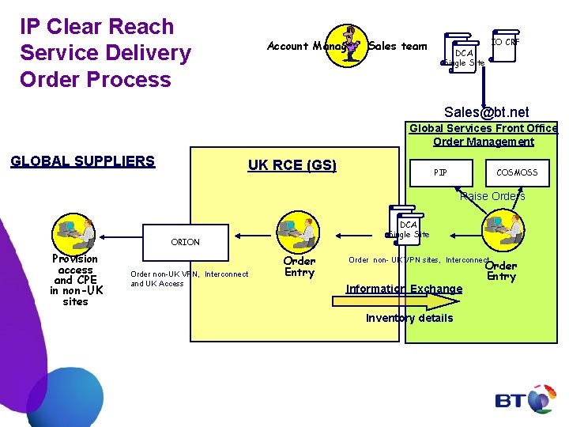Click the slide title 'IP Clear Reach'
[x=96, y=27]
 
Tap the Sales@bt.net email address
[x=486, y=112]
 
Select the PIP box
[x=440, y=172]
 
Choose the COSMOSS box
[x=517, y=172]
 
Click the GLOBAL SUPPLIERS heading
[x=82, y=161]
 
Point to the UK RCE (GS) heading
[x=292, y=165]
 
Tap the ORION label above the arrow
[x=185, y=242]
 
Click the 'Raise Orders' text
[x=492, y=196]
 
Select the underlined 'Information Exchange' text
[x=404, y=289]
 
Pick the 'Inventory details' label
[x=409, y=318]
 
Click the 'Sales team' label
[x=398, y=47]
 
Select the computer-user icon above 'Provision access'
[x=73, y=232]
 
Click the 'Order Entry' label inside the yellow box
[x=299, y=266]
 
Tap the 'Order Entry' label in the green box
[x=501, y=271]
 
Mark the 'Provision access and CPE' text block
[x=75, y=280]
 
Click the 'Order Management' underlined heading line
[x=483, y=142]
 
